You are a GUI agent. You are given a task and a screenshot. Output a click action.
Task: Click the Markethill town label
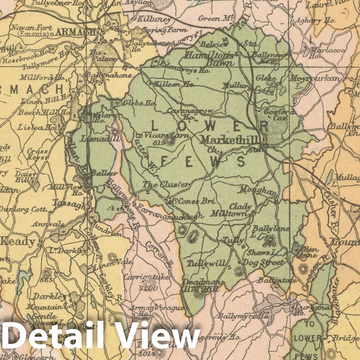(x=229, y=140)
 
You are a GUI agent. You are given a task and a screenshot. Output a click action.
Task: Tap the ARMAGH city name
(x=77, y=32)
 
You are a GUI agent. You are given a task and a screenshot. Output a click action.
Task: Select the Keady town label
(x=19, y=242)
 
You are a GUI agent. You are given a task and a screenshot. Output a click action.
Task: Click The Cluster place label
(x=166, y=185)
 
